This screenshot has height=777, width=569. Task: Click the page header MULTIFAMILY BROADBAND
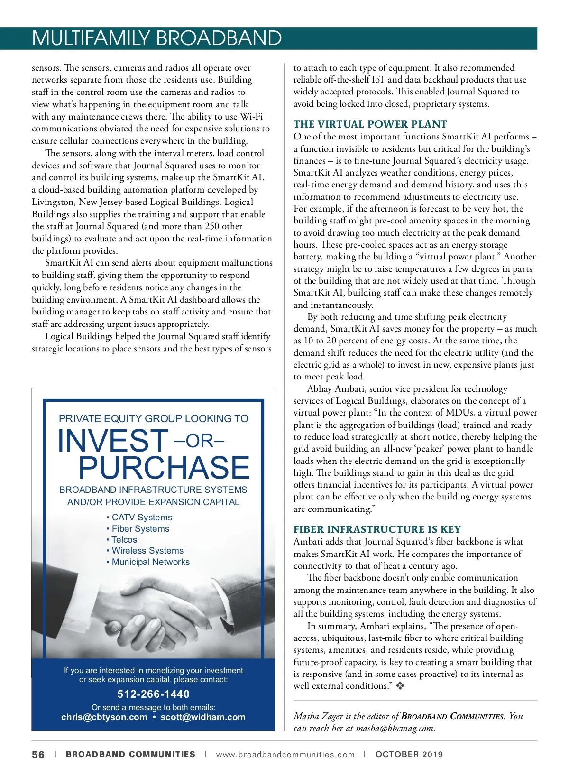coord(156,38)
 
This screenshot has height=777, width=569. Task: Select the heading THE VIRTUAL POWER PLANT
coord(370,124)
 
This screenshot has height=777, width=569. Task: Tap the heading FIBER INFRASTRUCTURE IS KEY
coord(377,529)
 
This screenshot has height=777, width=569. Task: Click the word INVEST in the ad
coord(113,440)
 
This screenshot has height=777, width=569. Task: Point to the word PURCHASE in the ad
coord(164,468)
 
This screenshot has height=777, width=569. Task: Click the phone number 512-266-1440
coord(153,694)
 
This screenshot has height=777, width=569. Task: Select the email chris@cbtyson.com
coord(104,717)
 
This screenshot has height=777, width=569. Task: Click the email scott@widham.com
coord(203,717)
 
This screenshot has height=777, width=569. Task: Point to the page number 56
coord(38,755)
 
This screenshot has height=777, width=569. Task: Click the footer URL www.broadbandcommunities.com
coord(285,755)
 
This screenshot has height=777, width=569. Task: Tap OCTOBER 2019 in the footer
coord(409,755)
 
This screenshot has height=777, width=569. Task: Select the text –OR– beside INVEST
coord(199,441)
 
